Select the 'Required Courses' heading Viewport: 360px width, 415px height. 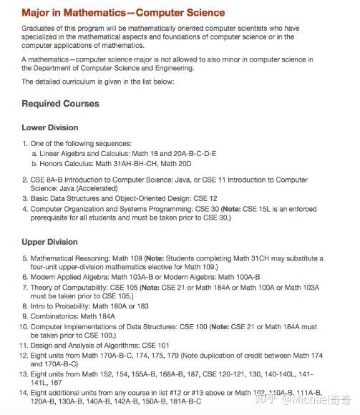pos(60,104)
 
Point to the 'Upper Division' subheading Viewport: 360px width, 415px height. pos(51,242)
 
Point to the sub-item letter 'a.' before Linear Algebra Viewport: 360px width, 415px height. pos(35,153)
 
